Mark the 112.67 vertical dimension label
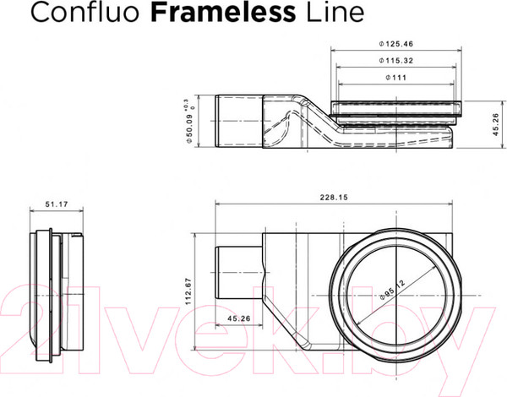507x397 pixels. click(x=191, y=290)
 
